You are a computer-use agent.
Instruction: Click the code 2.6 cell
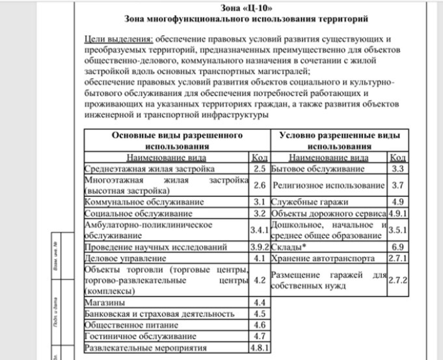coord(260,185)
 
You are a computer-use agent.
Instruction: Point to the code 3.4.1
coord(260,230)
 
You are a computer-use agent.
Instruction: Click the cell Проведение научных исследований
coord(156,247)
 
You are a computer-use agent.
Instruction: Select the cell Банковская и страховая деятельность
coord(159,314)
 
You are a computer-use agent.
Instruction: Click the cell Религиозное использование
coord(328,185)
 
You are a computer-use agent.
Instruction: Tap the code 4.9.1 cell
coord(397,213)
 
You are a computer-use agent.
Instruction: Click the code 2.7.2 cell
coord(397,280)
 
